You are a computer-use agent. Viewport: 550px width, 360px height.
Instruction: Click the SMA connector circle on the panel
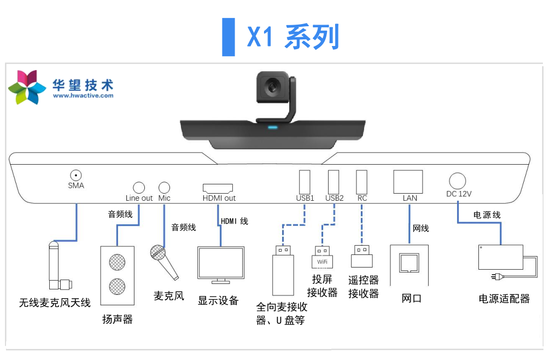(76, 175)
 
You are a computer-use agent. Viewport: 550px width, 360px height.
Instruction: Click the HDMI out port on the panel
(218, 188)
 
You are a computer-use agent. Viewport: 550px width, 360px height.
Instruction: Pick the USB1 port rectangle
(305, 181)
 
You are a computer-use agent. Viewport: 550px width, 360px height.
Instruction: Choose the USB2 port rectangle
(333, 181)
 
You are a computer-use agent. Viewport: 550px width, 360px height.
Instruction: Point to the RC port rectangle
(361, 181)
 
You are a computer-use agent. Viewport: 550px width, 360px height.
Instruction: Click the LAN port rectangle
(408, 182)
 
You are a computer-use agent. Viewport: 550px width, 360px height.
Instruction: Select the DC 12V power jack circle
(457, 181)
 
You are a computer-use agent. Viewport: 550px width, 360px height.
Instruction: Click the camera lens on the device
(272, 86)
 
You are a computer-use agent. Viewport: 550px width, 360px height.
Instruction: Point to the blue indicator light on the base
(272, 128)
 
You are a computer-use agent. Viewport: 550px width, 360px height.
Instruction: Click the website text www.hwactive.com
(83, 96)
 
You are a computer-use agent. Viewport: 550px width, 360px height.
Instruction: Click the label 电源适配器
(504, 299)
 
